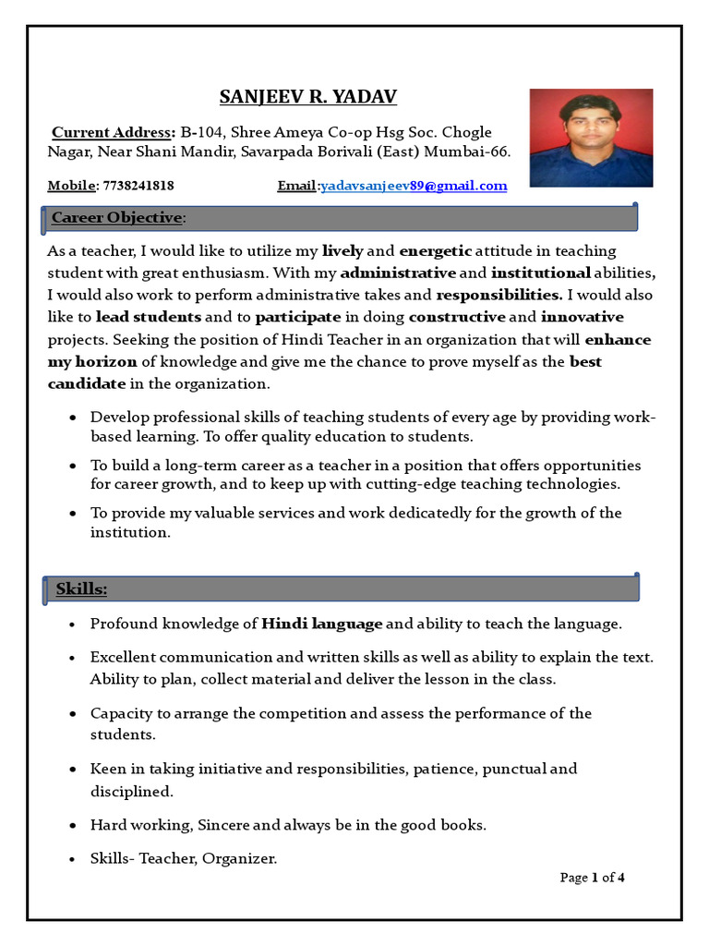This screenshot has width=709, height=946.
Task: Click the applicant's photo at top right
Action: (591, 138)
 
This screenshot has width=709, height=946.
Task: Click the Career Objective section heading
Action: (116, 218)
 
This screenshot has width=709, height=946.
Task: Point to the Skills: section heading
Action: (81, 588)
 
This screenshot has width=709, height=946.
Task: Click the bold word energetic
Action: (436, 251)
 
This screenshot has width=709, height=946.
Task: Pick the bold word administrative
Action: (398, 273)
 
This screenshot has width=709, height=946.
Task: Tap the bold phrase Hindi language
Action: (321, 625)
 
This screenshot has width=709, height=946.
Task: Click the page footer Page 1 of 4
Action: (593, 878)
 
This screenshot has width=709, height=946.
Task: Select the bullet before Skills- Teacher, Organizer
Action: (72, 859)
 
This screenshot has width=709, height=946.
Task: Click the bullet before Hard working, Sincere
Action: (72, 825)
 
